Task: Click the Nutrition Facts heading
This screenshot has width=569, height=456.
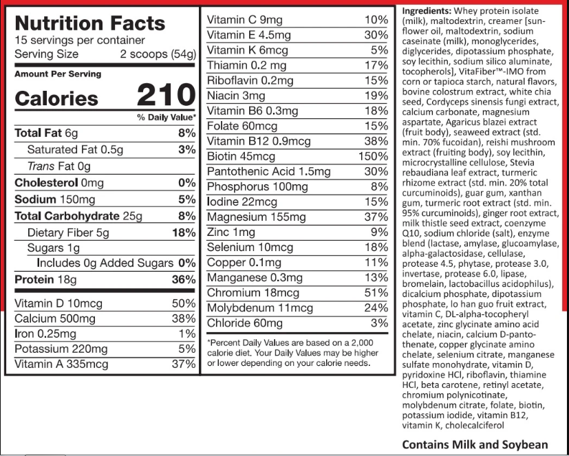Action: click(90, 23)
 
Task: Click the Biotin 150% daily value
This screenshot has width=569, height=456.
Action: click(374, 156)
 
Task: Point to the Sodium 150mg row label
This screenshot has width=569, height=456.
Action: click(55, 199)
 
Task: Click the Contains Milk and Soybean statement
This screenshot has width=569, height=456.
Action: click(475, 444)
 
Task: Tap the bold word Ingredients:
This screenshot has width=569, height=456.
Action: click(427, 11)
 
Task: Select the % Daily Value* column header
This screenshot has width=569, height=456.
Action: click(166, 118)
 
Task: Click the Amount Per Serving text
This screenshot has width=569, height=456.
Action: click(58, 74)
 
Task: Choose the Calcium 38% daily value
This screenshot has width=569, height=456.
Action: click(184, 319)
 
